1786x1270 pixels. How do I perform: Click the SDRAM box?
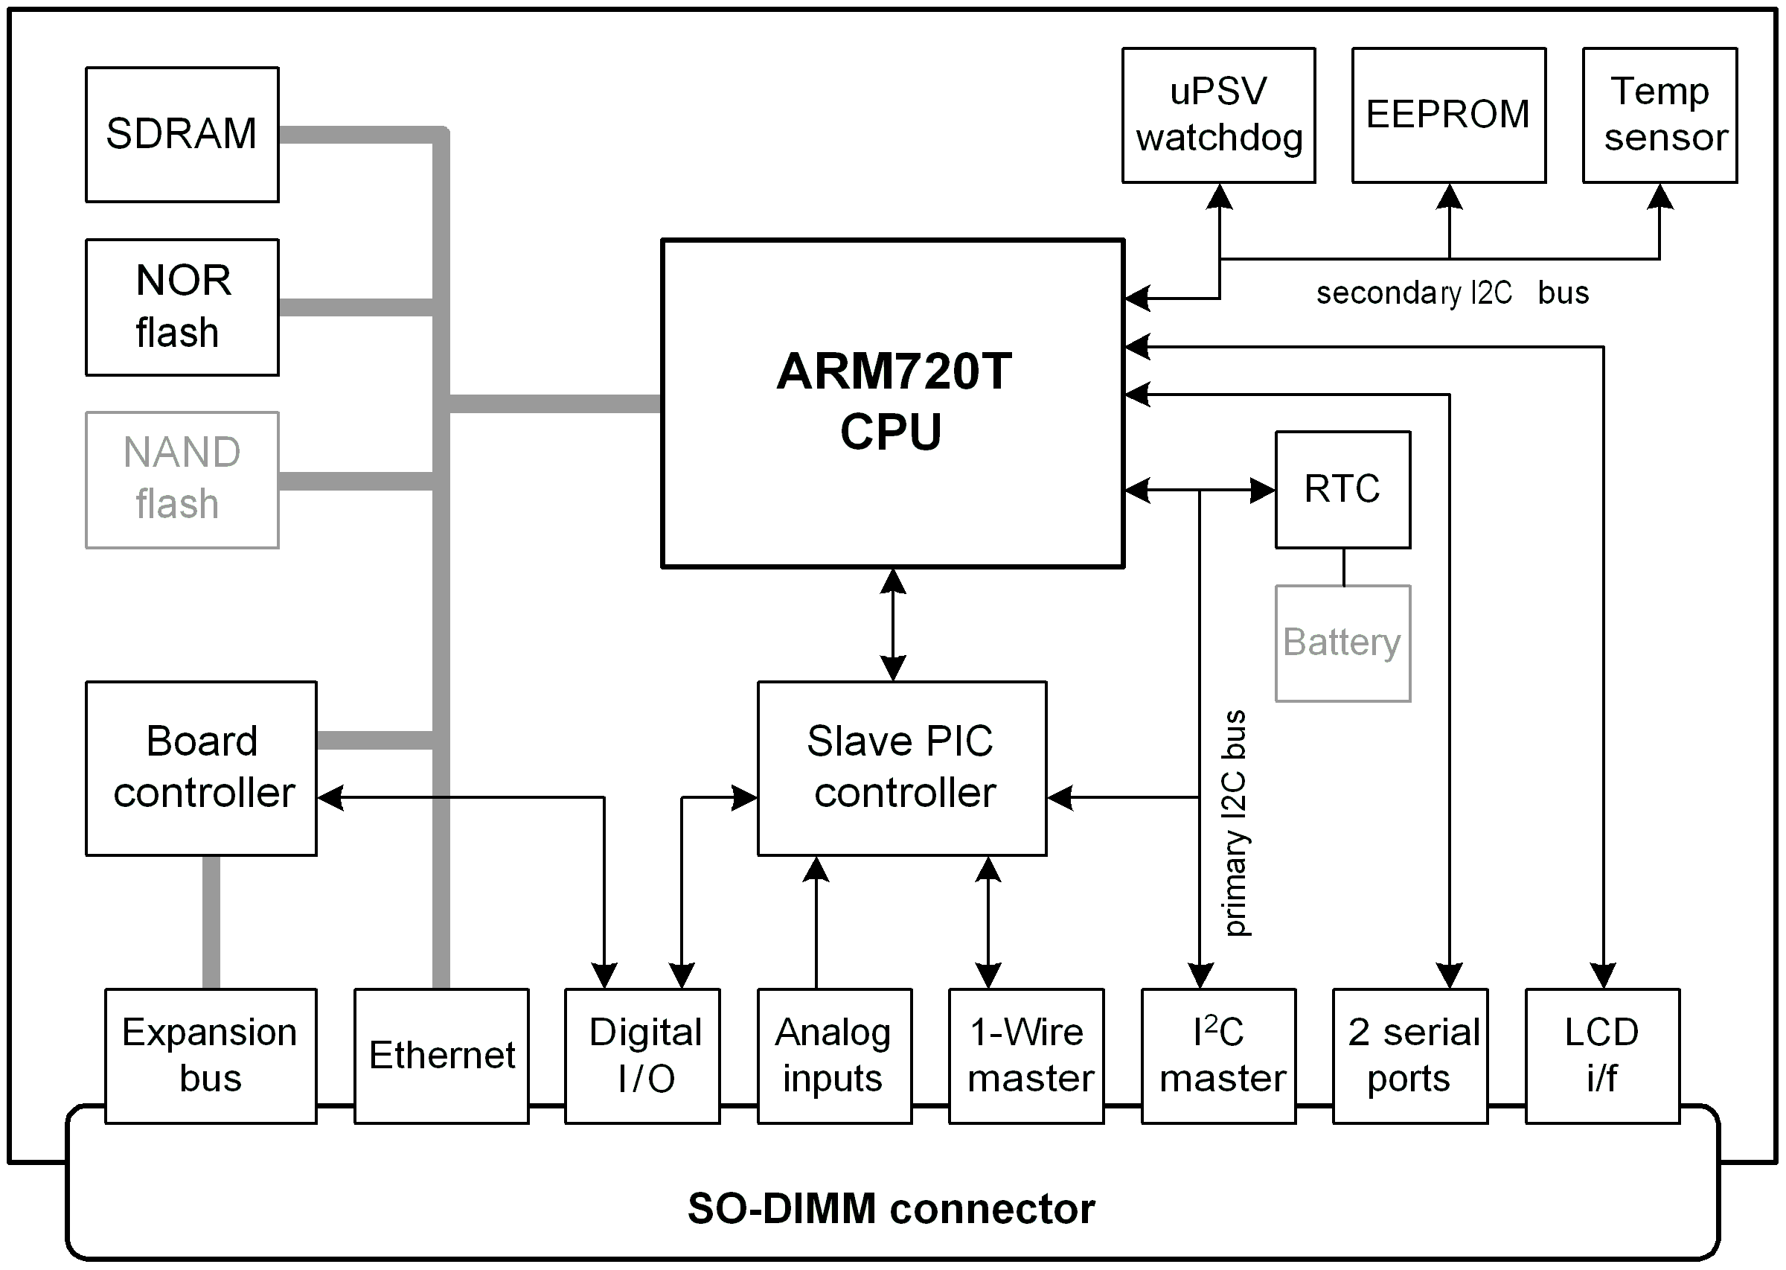(x=182, y=135)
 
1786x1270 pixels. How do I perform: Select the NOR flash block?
(x=182, y=307)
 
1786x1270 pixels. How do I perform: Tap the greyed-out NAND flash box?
(x=182, y=480)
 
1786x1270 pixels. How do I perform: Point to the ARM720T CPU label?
(x=892, y=401)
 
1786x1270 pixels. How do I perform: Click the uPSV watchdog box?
(x=1218, y=115)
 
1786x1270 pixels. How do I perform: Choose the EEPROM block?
(x=1448, y=115)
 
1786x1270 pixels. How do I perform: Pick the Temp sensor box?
(x=1659, y=115)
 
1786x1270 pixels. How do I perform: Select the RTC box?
(x=1342, y=490)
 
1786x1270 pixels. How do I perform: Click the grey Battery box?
(x=1342, y=643)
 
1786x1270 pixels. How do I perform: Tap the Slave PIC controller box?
(x=901, y=768)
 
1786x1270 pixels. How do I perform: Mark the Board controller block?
(x=201, y=768)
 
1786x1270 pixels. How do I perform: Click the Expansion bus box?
(x=211, y=1056)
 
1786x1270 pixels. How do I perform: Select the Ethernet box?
(x=441, y=1056)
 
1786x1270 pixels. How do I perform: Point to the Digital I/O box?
(x=642, y=1056)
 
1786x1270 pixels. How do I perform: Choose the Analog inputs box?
(x=834, y=1056)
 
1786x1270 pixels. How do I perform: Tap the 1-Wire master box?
(x=1026, y=1056)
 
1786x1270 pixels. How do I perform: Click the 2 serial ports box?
(x=1410, y=1056)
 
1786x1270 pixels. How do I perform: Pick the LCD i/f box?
(x=1602, y=1056)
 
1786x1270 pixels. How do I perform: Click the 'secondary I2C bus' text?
(x=1451, y=293)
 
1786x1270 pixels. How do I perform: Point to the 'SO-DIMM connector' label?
(x=891, y=1209)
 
